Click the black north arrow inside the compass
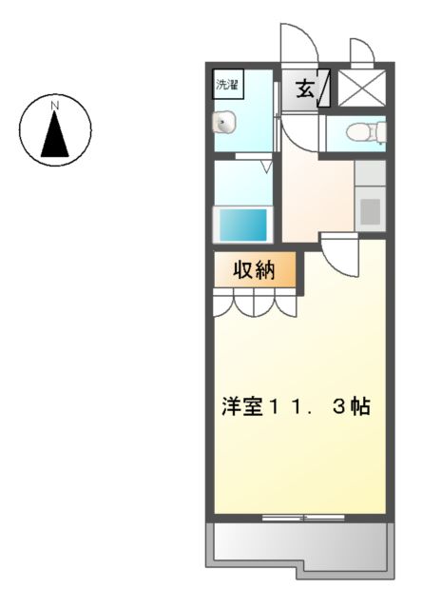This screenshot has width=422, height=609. (55, 134)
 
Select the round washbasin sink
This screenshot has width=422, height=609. (224, 121)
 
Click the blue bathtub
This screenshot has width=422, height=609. (244, 226)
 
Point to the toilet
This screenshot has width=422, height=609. (361, 131)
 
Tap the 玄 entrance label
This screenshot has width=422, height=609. (304, 89)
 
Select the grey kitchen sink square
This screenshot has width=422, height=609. (371, 210)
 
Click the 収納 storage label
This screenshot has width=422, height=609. (254, 270)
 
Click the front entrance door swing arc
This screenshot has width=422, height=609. (297, 43)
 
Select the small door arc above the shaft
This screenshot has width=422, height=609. (362, 52)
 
